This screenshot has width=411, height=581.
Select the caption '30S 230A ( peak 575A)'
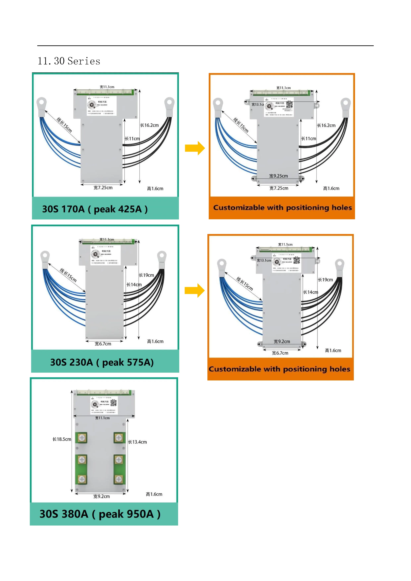(102, 362)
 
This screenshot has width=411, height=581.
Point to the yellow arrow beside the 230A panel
(194, 290)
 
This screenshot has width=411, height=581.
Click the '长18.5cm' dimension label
(61, 439)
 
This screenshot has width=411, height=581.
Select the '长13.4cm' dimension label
(137, 442)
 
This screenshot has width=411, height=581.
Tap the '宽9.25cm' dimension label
(278, 176)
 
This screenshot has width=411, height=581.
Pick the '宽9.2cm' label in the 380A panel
(102, 497)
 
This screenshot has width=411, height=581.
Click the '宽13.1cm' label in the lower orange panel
(264, 260)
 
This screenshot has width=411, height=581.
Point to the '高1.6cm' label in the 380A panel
(154, 494)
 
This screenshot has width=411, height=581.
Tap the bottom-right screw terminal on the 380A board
(119, 479)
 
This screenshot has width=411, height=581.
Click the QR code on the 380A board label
(113, 403)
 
